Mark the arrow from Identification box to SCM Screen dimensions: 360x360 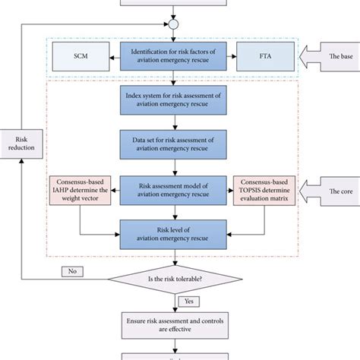(x=117, y=58)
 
